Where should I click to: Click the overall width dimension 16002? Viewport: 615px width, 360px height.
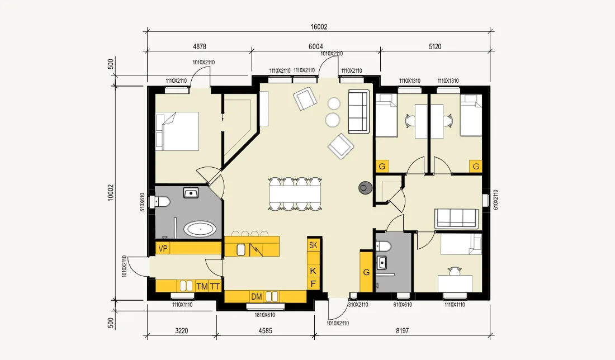click(x=319, y=26)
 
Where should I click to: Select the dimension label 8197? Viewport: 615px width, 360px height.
click(x=402, y=331)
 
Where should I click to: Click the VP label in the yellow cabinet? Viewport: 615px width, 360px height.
click(x=163, y=249)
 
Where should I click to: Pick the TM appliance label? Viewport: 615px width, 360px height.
click(x=202, y=287)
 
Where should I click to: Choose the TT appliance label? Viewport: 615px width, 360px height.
click(x=215, y=287)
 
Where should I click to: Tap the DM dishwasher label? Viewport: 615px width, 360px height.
click(x=257, y=296)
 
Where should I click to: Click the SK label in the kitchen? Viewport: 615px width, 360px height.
click(x=313, y=245)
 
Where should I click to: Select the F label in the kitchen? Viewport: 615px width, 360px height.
click(x=313, y=284)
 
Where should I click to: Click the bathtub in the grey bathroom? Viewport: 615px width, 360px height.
click(x=200, y=229)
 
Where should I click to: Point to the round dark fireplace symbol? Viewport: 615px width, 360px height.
click(x=365, y=188)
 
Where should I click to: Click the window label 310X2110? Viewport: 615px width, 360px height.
click(x=358, y=305)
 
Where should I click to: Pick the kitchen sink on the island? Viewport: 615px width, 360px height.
click(x=241, y=249)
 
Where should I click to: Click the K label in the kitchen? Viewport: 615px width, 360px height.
click(x=313, y=271)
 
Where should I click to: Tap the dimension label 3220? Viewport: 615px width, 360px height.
click(x=181, y=331)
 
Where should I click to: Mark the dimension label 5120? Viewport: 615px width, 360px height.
click(x=435, y=46)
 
